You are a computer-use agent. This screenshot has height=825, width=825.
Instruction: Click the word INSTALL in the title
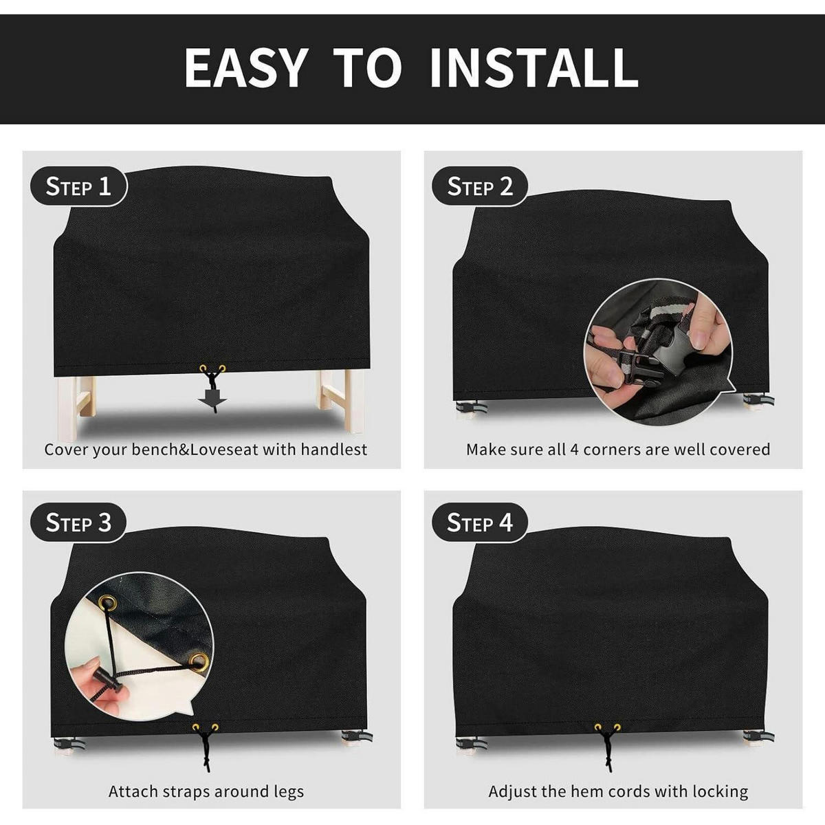point(534,68)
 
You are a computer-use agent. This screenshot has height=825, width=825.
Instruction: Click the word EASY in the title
point(245,68)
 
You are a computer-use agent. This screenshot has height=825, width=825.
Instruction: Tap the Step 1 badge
point(79,186)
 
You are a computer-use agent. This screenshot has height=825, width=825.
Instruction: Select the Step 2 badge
point(480,186)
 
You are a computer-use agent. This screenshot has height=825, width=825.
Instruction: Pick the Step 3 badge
point(78,522)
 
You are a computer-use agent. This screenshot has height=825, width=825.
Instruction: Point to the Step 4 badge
point(479,522)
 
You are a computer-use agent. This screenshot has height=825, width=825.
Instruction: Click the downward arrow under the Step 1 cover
point(212,399)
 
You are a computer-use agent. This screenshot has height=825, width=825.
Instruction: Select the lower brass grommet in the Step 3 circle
point(198,660)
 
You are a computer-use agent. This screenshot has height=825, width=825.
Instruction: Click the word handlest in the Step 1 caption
point(334,450)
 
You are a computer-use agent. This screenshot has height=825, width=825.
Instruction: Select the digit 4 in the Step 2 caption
point(573,450)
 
